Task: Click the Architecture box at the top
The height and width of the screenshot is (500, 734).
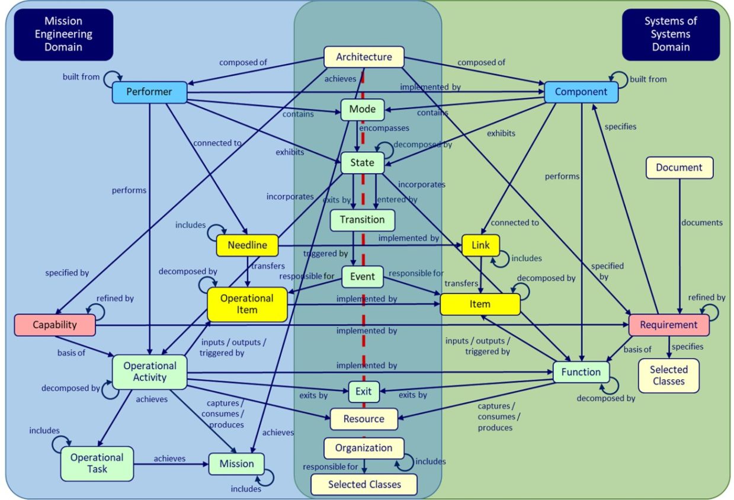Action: click(364, 57)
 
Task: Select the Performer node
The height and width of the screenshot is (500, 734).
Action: click(149, 92)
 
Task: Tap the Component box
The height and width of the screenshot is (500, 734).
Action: click(581, 92)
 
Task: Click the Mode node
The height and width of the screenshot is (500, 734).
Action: click(362, 110)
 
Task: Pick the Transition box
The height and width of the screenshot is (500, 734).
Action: click(362, 220)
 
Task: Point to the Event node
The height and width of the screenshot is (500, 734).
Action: click(362, 277)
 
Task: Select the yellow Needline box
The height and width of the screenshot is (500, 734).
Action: click(248, 245)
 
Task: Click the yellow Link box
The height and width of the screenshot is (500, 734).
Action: click(480, 245)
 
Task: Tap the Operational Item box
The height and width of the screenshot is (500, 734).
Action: click(247, 305)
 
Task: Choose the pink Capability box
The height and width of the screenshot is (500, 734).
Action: click(55, 325)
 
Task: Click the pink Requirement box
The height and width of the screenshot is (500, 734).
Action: click(668, 325)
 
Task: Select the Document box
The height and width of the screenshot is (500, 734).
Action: click(679, 168)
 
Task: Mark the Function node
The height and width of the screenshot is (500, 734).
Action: click(581, 372)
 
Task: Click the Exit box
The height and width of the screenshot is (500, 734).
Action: click(363, 391)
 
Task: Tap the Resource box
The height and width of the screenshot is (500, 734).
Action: click(364, 419)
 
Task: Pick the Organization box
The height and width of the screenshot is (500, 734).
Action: click(364, 448)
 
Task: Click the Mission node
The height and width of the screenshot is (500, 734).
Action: click(236, 464)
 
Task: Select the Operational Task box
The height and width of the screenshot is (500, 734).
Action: click(97, 463)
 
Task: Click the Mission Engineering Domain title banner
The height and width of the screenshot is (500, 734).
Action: click(63, 34)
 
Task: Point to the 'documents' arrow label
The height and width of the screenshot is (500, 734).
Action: click(701, 223)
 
